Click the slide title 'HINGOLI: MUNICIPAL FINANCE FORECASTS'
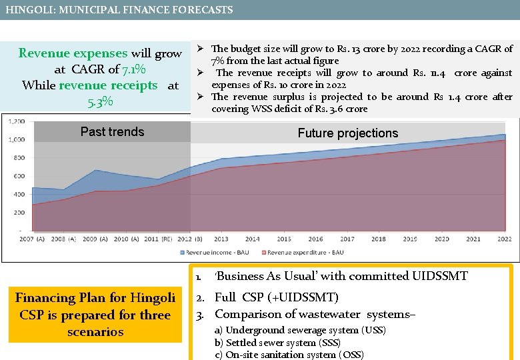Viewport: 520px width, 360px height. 119,10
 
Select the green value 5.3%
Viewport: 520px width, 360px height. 100,102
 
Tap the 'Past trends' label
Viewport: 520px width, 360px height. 112,132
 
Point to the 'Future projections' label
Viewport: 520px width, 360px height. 347,133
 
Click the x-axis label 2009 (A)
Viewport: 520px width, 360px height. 90,239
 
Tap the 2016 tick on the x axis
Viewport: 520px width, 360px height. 315,239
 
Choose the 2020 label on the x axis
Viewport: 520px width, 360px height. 441,239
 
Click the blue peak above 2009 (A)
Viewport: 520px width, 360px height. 95,171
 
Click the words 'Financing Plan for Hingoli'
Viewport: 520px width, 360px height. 95,298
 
